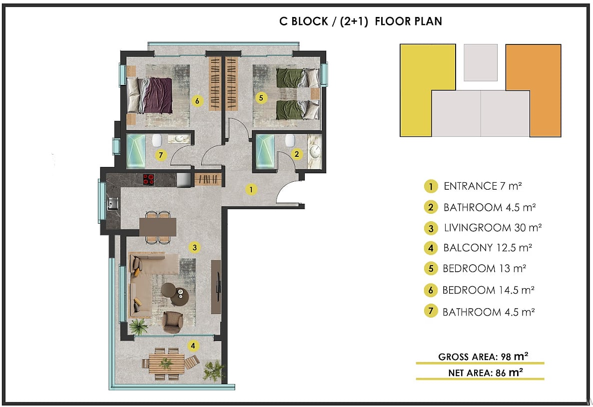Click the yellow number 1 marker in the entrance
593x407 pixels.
[x=251, y=189]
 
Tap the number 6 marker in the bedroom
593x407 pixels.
[x=197, y=101]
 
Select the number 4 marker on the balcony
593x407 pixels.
[x=193, y=346]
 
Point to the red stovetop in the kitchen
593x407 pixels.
[x=149, y=179]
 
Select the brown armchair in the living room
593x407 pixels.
[x=172, y=322]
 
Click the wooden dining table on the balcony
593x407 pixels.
[x=166, y=364]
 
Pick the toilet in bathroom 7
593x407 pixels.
[x=156, y=140]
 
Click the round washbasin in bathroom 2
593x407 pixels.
[x=315, y=152]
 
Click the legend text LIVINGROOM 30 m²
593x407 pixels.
[x=493, y=228]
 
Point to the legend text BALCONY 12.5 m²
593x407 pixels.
[x=488, y=248]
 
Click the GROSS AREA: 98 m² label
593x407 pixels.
[x=483, y=357]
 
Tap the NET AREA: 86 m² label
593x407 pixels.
[x=486, y=373]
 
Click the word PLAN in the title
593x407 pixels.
[x=428, y=21]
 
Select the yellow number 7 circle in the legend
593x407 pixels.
[x=431, y=312]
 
